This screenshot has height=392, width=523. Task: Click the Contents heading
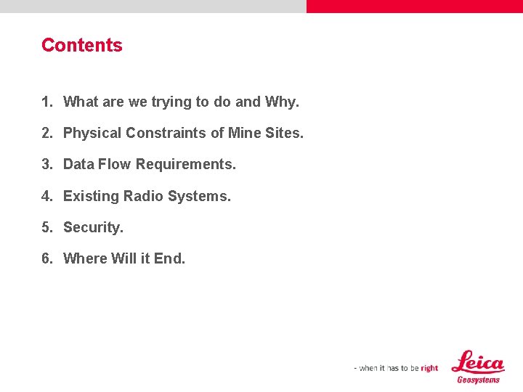[82, 45]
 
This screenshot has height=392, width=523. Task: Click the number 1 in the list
[46, 102]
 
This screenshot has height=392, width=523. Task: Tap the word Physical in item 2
[92, 134]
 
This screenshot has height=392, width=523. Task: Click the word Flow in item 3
[115, 165]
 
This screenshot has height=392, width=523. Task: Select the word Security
[93, 228]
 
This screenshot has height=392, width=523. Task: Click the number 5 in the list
[46, 228]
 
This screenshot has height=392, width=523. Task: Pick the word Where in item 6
[85, 259]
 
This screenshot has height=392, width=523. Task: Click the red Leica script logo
[477, 362]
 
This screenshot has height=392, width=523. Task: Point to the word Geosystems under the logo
[478, 380]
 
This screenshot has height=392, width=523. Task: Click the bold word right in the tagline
[429, 368]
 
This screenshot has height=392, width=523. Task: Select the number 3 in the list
[46, 165]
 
